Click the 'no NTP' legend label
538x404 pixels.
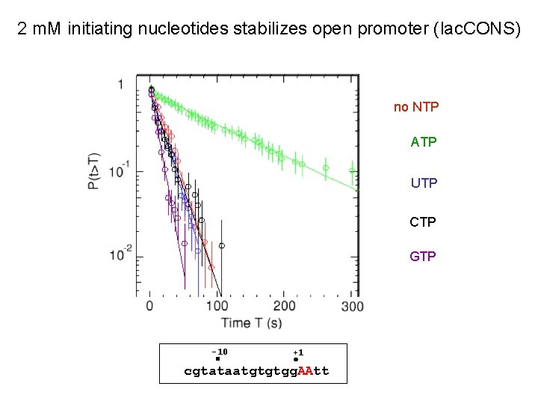(x=416, y=107)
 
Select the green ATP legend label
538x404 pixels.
(x=424, y=141)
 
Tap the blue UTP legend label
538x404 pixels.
(x=424, y=183)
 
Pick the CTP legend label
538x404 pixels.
(x=423, y=222)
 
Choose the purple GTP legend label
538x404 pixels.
(x=423, y=256)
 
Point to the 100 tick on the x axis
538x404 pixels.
(x=217, y=306)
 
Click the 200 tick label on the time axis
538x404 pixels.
(x=285, y=306)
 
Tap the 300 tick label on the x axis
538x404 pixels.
(x=352, y=306)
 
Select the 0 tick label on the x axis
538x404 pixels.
(x=150, y=306)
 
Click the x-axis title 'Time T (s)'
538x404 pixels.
(x=251, y=322)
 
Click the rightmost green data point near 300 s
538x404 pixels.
(x=352, y=171)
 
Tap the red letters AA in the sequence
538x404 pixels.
(x=306, y=371)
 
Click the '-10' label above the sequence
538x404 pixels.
(x=219, y=352)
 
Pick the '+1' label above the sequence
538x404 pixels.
(x=297, y=352)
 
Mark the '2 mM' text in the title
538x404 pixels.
(x=40, y=30)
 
